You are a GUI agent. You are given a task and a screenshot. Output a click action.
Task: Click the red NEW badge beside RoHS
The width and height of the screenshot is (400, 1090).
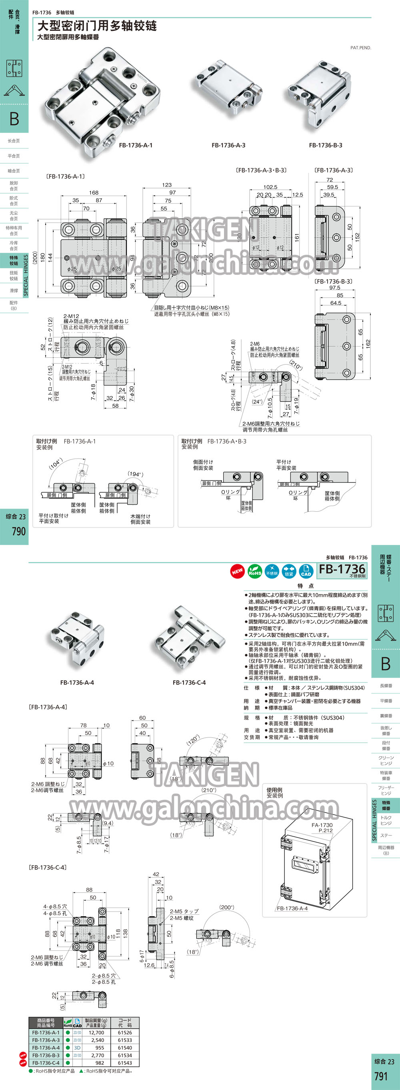pyautogui.click(x=237, y=571)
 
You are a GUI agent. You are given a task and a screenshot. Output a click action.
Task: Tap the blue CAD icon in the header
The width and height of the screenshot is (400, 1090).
pyautogui.click(x=306, y=571)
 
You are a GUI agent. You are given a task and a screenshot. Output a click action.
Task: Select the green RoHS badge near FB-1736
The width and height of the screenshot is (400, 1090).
pyautogui.click(x=254, y=571)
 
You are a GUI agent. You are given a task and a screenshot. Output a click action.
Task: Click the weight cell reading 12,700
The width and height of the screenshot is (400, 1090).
pyautogui.click(x=96, y=1032)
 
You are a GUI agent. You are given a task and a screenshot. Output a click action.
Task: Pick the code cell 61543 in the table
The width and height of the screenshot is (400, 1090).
pyautogui.click(x=125, y=1063)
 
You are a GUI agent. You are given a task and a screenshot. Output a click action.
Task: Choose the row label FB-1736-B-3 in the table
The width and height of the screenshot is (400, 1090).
pyautogui.click(x=46, y=1055)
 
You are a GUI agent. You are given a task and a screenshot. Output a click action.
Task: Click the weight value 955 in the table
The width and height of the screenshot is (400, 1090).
pyautogui.click(x=99, y=1048)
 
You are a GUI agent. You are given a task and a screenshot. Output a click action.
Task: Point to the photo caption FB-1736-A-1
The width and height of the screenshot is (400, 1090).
pyautogui.click(x=136, y=145)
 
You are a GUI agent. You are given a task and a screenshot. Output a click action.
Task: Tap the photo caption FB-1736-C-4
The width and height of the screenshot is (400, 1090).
pyautogui.click(x=189, y=683)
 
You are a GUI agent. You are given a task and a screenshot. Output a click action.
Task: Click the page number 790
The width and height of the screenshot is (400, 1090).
pyautogui.click(x=19, y=531)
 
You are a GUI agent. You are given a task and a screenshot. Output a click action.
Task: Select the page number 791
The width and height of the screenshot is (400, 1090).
pyautogui.click(x=380, y=1076)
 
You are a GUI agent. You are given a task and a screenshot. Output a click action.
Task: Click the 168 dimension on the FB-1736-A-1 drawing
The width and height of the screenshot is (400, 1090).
pyautogui.click(x=94, y=192)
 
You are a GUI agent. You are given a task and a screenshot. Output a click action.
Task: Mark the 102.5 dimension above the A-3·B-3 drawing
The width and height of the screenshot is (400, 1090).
pyautogui.click(x=270, y=187)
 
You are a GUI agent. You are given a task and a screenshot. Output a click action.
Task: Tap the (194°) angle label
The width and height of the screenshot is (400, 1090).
pyautogui.click(x=135, y=474)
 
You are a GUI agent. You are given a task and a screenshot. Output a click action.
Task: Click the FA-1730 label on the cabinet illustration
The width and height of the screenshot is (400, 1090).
pyautogui.click(x=322, y=825)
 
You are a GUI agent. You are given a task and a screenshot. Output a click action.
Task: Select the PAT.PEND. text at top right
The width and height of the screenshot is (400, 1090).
pyautogui.click(x=361, y=48)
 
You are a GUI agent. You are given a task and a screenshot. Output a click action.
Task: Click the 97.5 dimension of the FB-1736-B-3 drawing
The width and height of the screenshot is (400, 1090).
pyautogui.click(x=334, y=288)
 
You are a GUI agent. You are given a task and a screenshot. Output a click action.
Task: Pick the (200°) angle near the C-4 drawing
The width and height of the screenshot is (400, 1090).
pyautogui.click(x=227, y=907)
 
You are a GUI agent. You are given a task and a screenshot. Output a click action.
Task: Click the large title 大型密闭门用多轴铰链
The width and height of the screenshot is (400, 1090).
pyautogui.click(x=97, y=26)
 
